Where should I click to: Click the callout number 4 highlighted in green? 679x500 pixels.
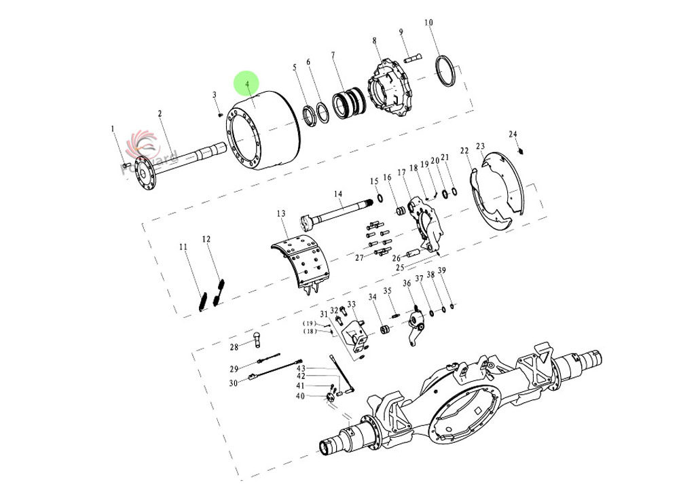tap(247, 84)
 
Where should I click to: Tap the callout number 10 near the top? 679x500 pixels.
tap(428, 22)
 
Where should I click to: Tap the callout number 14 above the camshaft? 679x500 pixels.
tap(338, 194)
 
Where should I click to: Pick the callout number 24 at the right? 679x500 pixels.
tap(513, 134)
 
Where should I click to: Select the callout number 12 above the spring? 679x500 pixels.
tap(206, 239)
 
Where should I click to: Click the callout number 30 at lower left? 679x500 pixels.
tap(233, 383)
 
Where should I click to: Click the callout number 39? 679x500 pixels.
tap(441, 271)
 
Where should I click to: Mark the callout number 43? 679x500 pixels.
tap(301, 368)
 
